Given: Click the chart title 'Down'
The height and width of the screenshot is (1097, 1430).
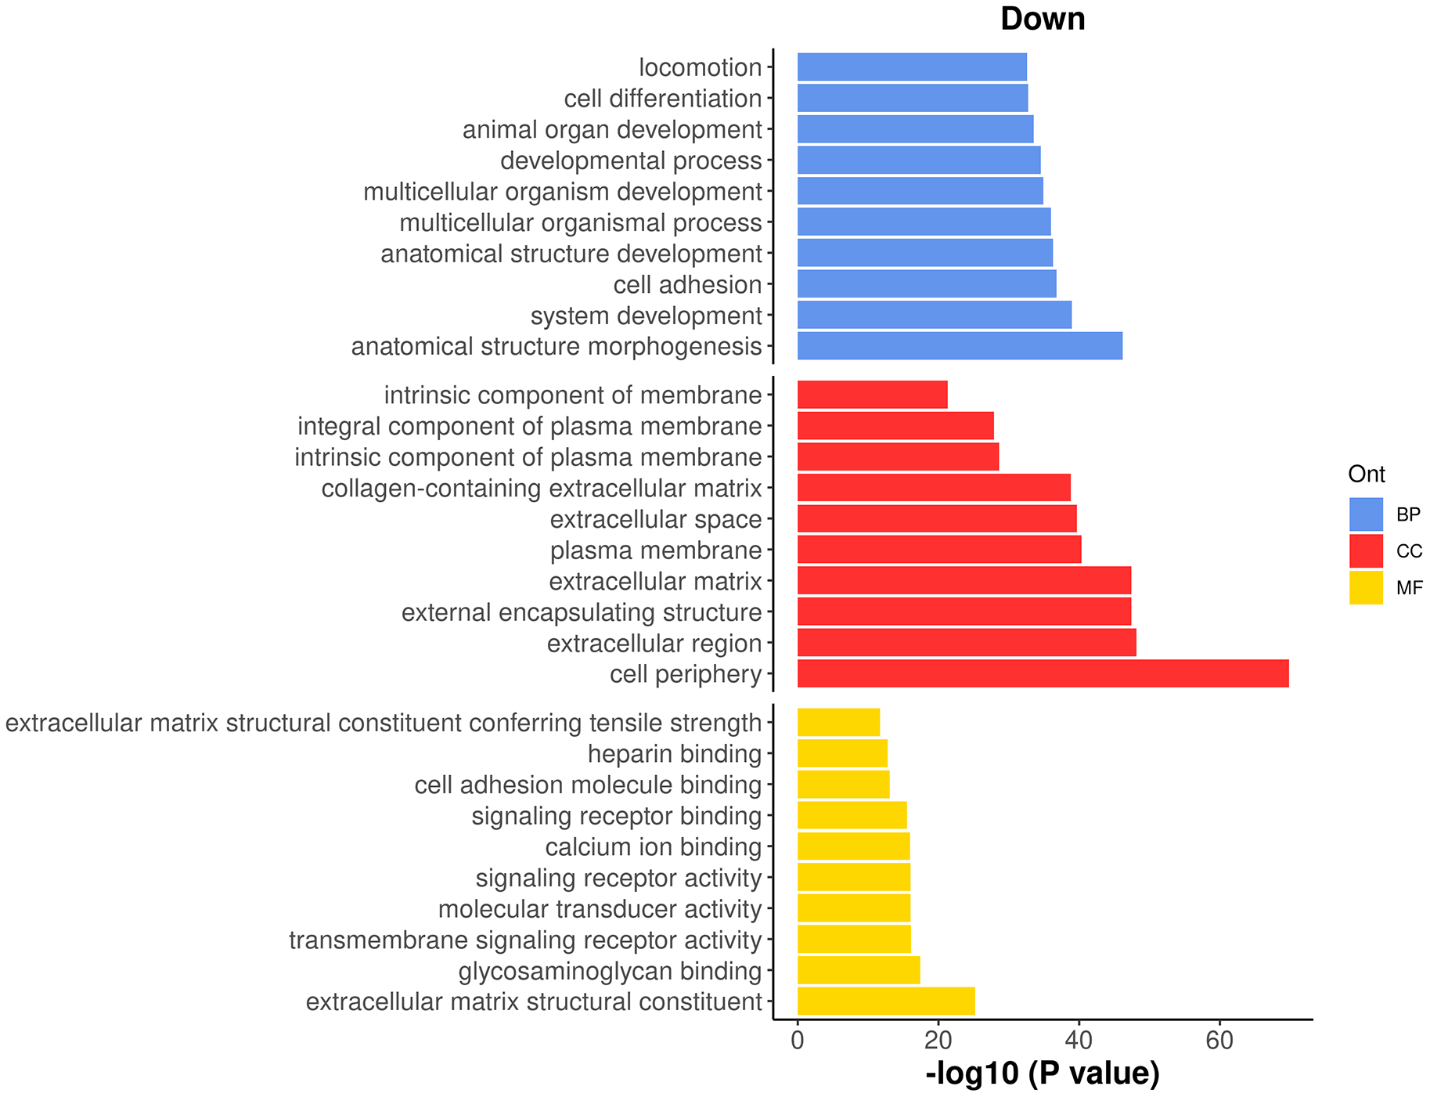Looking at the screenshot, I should (x=1043, y=19).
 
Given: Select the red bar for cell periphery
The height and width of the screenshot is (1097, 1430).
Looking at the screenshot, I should (x=1043, y=674).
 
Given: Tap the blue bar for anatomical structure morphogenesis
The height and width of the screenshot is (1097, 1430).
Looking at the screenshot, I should (x=960, y=346).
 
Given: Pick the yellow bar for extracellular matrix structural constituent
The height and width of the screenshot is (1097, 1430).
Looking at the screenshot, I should (x=886, y=1001).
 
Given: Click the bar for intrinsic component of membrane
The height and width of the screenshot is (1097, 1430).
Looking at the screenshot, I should (x=872, y=395).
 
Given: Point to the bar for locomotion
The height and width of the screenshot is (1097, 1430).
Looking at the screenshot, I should (x=912, y=67).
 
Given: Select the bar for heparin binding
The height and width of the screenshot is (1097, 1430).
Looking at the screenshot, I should (x=842, y=753).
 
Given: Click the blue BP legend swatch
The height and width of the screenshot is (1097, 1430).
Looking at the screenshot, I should (x=1366, y=514).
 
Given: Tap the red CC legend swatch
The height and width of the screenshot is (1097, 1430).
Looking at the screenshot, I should (x=1366, y=551).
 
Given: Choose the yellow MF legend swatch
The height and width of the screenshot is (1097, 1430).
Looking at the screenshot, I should (x=1366, y=588).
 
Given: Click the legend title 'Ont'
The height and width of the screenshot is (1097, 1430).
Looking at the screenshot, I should (x=1367, y=474).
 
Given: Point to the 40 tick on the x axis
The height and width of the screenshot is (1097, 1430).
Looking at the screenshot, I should (x=1079, y=1040).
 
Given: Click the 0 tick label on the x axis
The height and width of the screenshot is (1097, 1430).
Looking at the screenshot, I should (x=798, y=1040).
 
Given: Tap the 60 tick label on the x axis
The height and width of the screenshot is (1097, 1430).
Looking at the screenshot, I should (x=1219, y=1040).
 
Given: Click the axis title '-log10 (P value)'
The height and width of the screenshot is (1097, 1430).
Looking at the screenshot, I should (x=1043, y=1074).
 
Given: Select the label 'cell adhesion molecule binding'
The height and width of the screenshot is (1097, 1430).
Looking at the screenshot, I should (x=588, y=785).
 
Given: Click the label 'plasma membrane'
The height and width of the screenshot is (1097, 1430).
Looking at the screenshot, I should (x=656, y=550).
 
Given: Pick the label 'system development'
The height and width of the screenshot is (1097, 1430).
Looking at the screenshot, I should (x=646, y=316).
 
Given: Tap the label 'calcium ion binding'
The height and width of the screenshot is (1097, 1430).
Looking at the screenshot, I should (x=654, y=846).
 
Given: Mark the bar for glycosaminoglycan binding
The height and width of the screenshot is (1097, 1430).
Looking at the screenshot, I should (x=859, y=970).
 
